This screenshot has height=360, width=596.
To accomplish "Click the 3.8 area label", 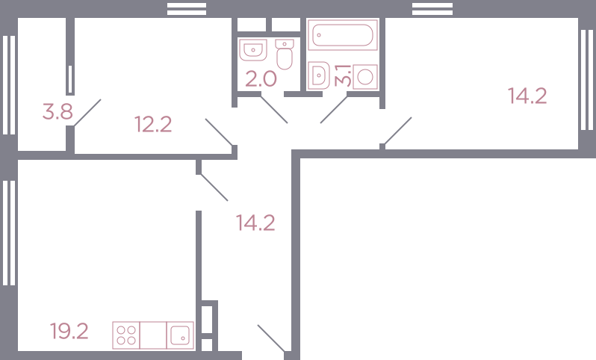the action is click(x=58, y=112).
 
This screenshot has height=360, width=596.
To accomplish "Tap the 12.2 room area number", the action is click(x=153, y=124).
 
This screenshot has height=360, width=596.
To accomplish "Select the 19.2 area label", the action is click(x=69, y=331).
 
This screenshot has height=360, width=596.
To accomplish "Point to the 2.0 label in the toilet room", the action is click(x=261, y=79).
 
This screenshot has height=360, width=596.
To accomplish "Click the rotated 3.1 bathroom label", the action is click(x=343, y=75).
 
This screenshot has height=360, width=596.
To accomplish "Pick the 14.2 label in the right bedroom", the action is click(x=527, y=96).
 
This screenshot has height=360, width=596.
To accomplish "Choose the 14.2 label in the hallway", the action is click(x=255, y=223).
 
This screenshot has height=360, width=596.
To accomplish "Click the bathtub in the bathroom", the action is click(x=343, y=35).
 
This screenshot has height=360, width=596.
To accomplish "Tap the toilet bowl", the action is click(x=285, y=55).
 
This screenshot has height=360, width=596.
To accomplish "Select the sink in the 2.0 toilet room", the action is click(x=253, y=50).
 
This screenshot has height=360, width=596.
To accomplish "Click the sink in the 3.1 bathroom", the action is click(x=318, y=75).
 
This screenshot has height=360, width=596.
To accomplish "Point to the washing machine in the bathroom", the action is click(x=365, y=77).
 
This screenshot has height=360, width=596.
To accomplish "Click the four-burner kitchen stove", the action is click(x=126, y=335).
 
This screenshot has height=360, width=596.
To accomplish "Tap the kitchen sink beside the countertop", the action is click(x=180, y=335).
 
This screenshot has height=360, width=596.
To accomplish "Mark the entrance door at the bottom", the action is click(x=271, y=338).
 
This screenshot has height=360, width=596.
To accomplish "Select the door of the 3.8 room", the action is click(x=87, y=113).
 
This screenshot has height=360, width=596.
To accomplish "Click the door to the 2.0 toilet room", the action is click(x=274, y=110).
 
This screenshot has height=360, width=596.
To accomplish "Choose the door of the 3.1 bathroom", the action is click(x=334, y=110).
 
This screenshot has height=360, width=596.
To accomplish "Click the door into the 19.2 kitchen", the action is click(x=214, y=187).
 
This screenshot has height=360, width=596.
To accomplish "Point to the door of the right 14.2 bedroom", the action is click(x=398, y=131).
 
